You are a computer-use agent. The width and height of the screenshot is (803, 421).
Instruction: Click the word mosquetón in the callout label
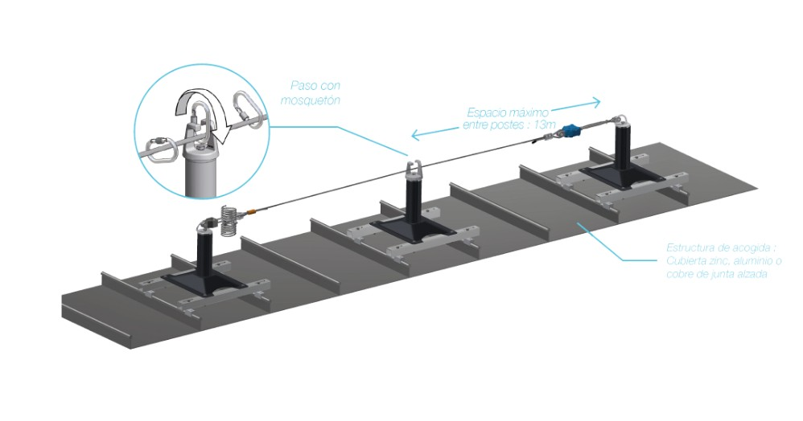310,101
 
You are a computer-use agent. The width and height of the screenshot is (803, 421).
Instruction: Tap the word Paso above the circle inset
301,86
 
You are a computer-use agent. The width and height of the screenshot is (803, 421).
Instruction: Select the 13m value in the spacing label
546,125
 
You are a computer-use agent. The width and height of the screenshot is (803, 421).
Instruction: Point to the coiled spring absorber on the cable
229,219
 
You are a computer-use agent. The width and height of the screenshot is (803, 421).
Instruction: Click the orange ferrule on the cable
253,213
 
